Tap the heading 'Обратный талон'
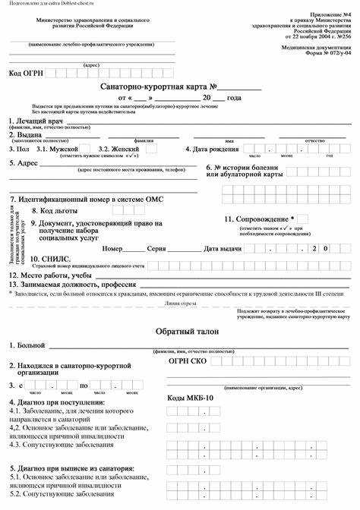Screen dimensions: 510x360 [x=181, y=332]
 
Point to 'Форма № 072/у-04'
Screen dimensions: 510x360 [x=328, y=54]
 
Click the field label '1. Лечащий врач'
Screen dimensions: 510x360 [x=36, y=121]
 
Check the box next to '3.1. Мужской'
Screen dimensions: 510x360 [x=85, y=150]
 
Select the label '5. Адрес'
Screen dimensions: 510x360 [x=24, y=163]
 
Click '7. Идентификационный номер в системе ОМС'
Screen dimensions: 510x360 [x=86, y=199]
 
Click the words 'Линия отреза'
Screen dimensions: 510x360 [x=180, y=302]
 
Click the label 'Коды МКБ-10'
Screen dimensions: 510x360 [x=191, y=398]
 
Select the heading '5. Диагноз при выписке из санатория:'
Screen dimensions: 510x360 [x=72, y=468]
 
